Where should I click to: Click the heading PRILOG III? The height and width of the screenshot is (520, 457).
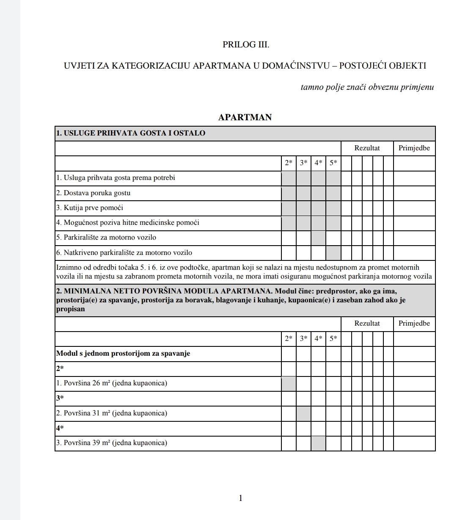(x=246, y=44)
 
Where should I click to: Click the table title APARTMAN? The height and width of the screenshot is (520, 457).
(x=245, y=117)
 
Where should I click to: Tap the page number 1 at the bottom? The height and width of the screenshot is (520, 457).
(x=241, y=498)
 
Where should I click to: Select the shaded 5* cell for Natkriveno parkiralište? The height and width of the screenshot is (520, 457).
(x=333, y=253)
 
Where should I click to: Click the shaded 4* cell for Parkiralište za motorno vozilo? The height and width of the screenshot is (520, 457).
(x=318, y=238)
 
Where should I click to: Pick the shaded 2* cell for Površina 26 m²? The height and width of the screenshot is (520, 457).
(x=289, y=384)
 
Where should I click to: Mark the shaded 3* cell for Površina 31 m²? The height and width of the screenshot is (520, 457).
(x=303, y=413)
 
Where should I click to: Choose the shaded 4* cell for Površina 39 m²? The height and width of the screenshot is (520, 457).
(x=318, y=443)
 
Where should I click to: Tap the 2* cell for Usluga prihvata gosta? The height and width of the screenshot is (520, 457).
(x=289, y=178)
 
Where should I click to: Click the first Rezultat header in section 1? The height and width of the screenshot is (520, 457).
(x=367, y=148)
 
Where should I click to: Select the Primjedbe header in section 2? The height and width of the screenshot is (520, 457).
(x=414, y=324)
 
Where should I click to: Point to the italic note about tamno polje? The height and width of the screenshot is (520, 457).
(x=367, y=88)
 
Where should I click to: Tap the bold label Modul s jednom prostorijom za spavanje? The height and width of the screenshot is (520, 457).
(x=123, y=354)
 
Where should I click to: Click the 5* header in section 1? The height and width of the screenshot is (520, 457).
(x=333, y=163)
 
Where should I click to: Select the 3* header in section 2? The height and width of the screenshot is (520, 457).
(x=303, y=339)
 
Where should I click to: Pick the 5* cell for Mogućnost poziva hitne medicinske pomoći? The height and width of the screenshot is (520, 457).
(x=333, y=223)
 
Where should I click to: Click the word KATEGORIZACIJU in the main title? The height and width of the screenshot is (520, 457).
(x=148, y=66)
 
